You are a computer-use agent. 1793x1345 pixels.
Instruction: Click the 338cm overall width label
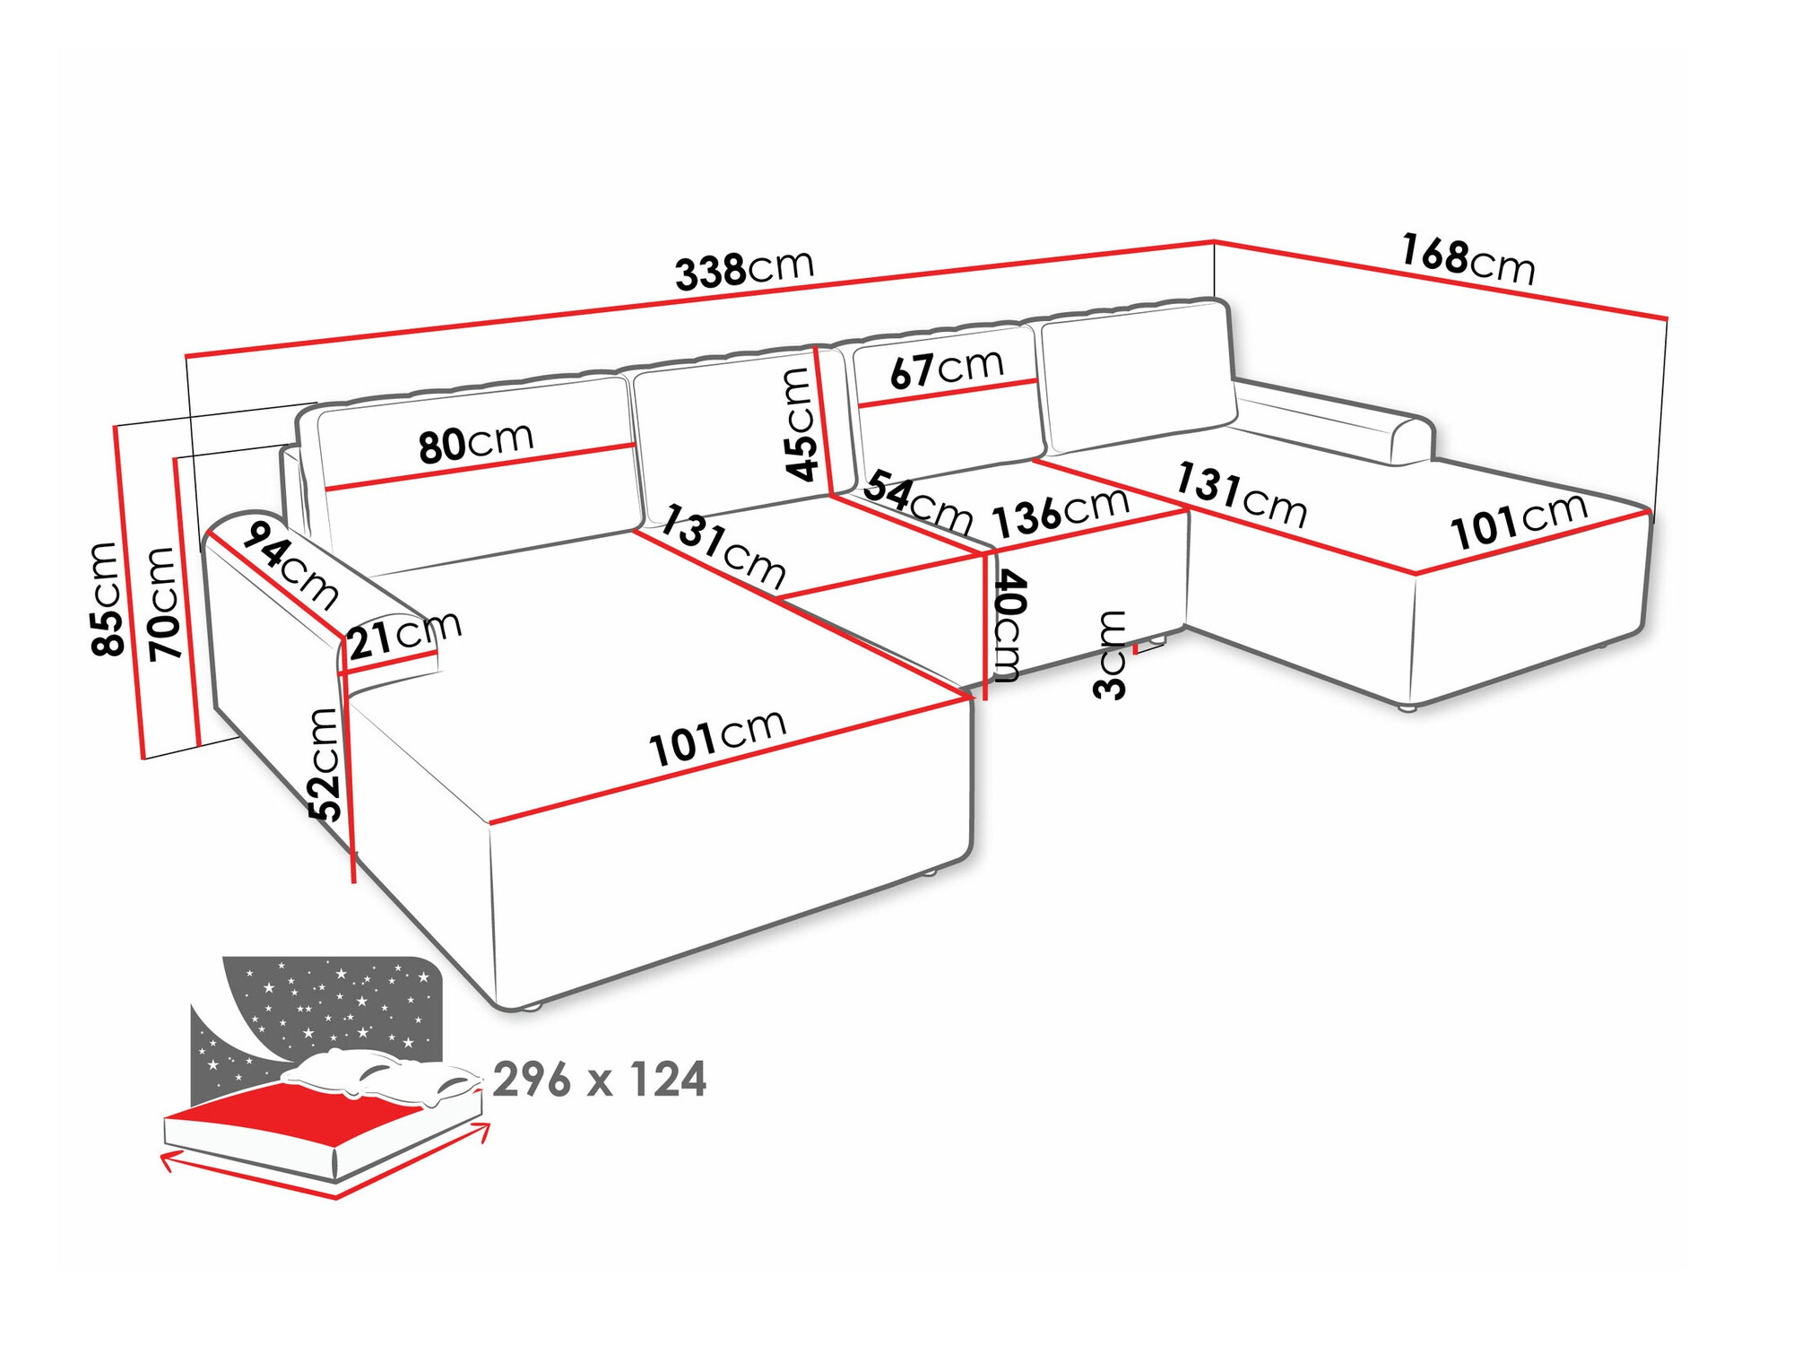pyautogui.click(x=744, y=269)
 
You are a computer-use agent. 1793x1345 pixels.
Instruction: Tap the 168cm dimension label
pyautogui.click(x=1468, y=259)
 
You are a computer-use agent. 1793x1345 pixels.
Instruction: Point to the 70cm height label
pyautogui.click(x=163, y=603)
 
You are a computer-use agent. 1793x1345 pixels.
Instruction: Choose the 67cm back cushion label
pyautogui.click(x=946, y=369)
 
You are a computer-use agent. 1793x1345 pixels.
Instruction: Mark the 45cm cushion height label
pyautogui.click(x=800, y=424)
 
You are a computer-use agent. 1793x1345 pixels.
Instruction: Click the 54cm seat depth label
pyautogui.click(x=917, y=503)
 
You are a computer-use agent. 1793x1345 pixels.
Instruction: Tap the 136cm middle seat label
pyautogui.click(x=1061, y=514)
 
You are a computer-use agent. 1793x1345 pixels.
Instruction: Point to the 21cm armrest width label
pyautogui.click(x=403, y=636)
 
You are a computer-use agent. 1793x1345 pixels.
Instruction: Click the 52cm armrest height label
pyautogui.click(x=325, y=764)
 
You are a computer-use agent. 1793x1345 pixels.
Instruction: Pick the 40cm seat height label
pyautogui.click(x=1009, y=626)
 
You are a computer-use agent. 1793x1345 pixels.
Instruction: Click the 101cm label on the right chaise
pyautogui.click(x=1519, y=522)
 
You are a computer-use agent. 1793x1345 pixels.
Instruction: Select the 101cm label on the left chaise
pyautogui.click(x=717, y=738)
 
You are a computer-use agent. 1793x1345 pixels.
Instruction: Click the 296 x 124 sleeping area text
pyautogui.click(x=599, y=1080)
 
